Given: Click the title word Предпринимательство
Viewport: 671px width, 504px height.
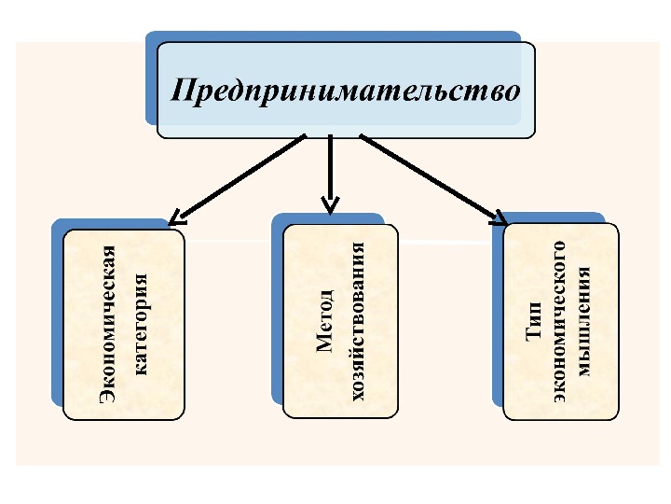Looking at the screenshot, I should point(346,91).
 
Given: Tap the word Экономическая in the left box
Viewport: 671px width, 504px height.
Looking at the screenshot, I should point(108,324).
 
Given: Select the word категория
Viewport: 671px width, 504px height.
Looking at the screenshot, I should point(141,324).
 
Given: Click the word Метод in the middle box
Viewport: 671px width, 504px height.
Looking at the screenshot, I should point(324,319).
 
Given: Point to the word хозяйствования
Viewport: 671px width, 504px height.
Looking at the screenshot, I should point(357,319).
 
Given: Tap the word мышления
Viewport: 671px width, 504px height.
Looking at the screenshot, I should point(584,322).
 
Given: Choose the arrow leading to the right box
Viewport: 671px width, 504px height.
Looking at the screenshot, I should point(429,177).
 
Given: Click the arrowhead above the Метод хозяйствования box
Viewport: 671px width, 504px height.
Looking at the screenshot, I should point(329,203).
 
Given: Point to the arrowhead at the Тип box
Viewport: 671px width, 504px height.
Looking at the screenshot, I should point(497,218).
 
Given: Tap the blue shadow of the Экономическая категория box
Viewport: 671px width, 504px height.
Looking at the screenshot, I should point(57,317).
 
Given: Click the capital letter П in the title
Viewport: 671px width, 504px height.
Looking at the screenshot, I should point(181,91).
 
